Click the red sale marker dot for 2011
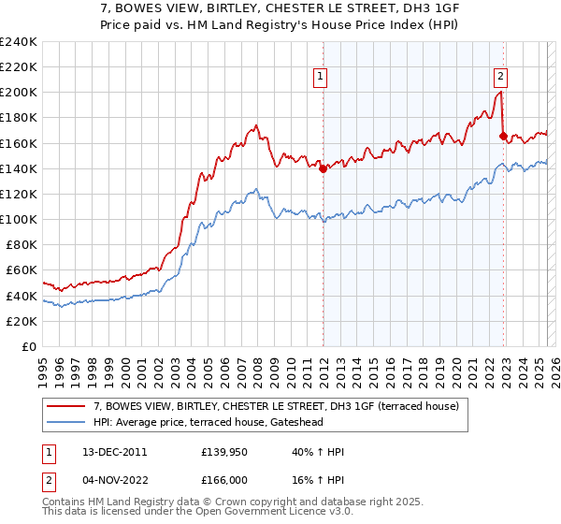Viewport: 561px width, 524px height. pyautogui.click(x=323, y=169)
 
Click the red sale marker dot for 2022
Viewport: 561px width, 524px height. pyautogui.click(x=503, y=136)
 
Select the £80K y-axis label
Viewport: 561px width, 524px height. pyautogui.click(x=22, y=245)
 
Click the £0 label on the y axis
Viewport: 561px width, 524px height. pyautogui.click(x=29, y=346)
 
